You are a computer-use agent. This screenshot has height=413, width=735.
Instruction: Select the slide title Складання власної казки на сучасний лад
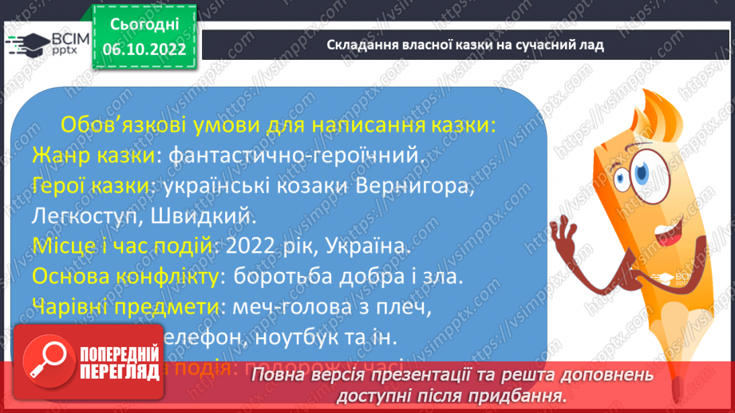[x=465, y=45]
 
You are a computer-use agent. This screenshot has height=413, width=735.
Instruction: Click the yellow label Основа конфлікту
[x=124, y=277]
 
